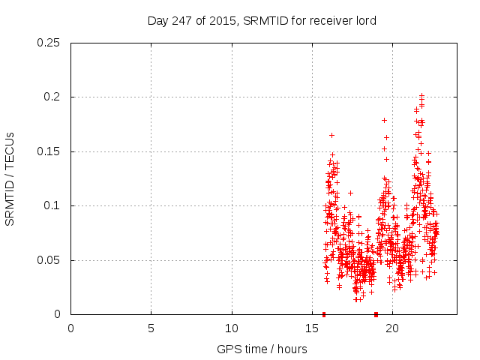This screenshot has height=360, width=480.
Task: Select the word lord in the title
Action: click(x=364, y=21)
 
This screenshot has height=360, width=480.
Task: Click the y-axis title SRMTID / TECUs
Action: click(x=10, y=178)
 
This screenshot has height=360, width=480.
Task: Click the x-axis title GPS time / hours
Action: click(x=263, y=349)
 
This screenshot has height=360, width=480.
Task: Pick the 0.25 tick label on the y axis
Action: click(x=49, y=43)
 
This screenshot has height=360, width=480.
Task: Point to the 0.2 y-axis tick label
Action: click(x=52, y=97)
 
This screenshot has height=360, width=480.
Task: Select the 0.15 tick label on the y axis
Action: click(x=49, y=151)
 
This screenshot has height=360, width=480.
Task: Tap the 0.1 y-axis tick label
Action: click(x=52, y=205)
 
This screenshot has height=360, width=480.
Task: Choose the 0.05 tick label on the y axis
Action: click(x=49, y=260)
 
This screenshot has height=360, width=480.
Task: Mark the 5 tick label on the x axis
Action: click(x=151, y=328)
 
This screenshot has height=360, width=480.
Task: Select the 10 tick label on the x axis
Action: click(x=232, y=328)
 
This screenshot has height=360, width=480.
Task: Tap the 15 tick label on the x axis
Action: click(x=312, y=328)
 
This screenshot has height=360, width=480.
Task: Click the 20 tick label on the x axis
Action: click(x=392, y=328)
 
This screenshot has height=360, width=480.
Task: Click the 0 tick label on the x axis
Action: click(x=71, y=328)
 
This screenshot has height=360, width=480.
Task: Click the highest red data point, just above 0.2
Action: click(x=421, y=95)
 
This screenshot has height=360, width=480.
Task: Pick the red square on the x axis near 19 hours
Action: click(x=376, y=314)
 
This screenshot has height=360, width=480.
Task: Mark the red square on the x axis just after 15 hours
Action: click(x=324, y=314)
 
